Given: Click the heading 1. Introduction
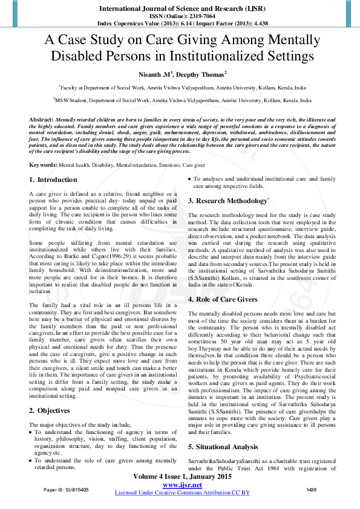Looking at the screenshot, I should (53, 180).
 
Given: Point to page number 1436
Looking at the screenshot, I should (312, 489).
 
